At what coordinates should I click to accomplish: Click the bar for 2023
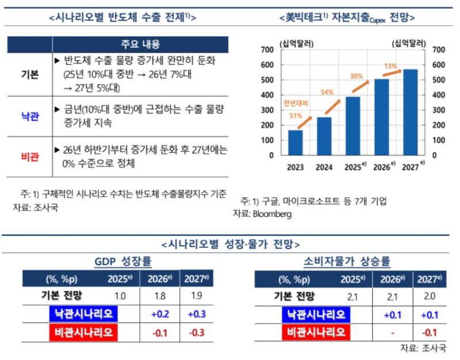[x=296, y=143]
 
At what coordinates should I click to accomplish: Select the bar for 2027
[x=410, y=112]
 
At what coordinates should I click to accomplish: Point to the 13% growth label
[x=390, y=66]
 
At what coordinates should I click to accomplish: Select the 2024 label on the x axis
[x=324, y=168]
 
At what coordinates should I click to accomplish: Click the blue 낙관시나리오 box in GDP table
[x=80, y=315]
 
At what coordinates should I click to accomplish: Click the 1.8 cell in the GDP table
[x=160, y=297]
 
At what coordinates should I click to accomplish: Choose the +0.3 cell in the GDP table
[x=197, y=315]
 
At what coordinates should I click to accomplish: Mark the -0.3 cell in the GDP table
[x=197, y=332]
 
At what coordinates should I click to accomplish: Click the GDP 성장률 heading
[x=122, y=262]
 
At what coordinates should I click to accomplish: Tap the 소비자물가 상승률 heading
[x=347, y=262]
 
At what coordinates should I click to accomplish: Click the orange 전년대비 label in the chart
[x=295, y=103]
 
